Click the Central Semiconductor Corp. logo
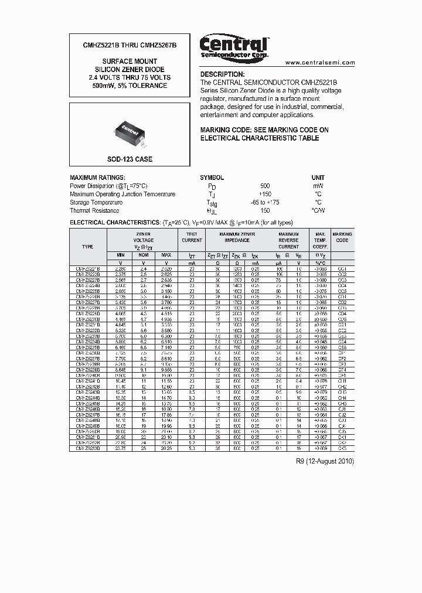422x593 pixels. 234,47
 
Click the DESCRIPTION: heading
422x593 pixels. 223,74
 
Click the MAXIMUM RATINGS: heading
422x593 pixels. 97,178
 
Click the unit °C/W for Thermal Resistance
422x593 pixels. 318,210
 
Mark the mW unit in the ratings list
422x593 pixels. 318,186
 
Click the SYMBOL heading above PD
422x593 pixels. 212,178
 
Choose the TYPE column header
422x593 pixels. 88,247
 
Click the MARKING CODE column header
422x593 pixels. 342,237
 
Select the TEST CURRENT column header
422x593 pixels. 192,237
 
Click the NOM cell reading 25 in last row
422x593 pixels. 144,448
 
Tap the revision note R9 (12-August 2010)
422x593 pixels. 325,461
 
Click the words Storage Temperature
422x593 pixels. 96,202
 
